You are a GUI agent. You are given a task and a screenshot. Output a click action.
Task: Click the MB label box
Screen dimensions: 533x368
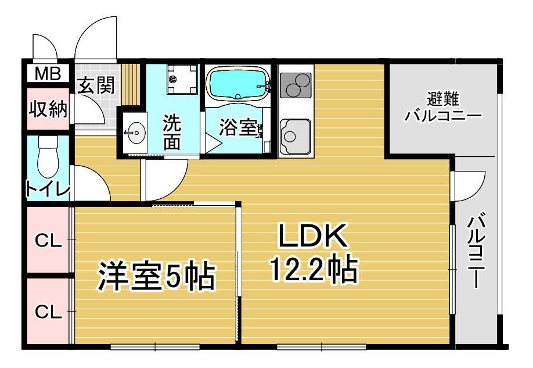[x=48, y=73]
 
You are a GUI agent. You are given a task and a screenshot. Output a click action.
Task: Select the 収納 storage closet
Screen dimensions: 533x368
[x=48, y=109]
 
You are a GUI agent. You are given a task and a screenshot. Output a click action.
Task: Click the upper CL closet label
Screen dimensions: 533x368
[x=49, y=241]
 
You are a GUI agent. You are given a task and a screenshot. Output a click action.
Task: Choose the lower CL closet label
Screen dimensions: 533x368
[x=49, y=312]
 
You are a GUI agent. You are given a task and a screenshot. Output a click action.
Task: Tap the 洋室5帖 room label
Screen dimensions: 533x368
[x=156, y=276]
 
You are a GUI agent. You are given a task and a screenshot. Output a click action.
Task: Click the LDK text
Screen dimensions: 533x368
[x=313, y=235]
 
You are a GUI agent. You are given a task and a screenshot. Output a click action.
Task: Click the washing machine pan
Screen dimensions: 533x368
[x=182, y=79]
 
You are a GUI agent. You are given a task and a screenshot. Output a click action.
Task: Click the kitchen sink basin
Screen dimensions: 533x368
[x=295, y=137]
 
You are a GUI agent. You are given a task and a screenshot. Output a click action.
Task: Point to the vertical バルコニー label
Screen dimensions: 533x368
[x=476, y=250]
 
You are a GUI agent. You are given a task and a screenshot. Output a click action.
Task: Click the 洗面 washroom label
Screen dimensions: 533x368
[x=172, y=133]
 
